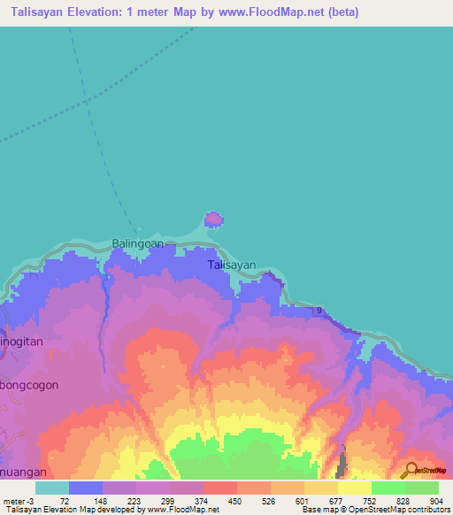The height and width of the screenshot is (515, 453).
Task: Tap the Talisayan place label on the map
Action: [x=232, y=265]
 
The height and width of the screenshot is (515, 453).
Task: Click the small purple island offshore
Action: [x=213, y=219]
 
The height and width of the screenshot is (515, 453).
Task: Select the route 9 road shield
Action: [x=318, y=309]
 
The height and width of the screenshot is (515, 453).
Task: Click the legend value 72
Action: [x=64, y=500]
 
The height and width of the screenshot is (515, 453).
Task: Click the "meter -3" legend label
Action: [x=20, y=500]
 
